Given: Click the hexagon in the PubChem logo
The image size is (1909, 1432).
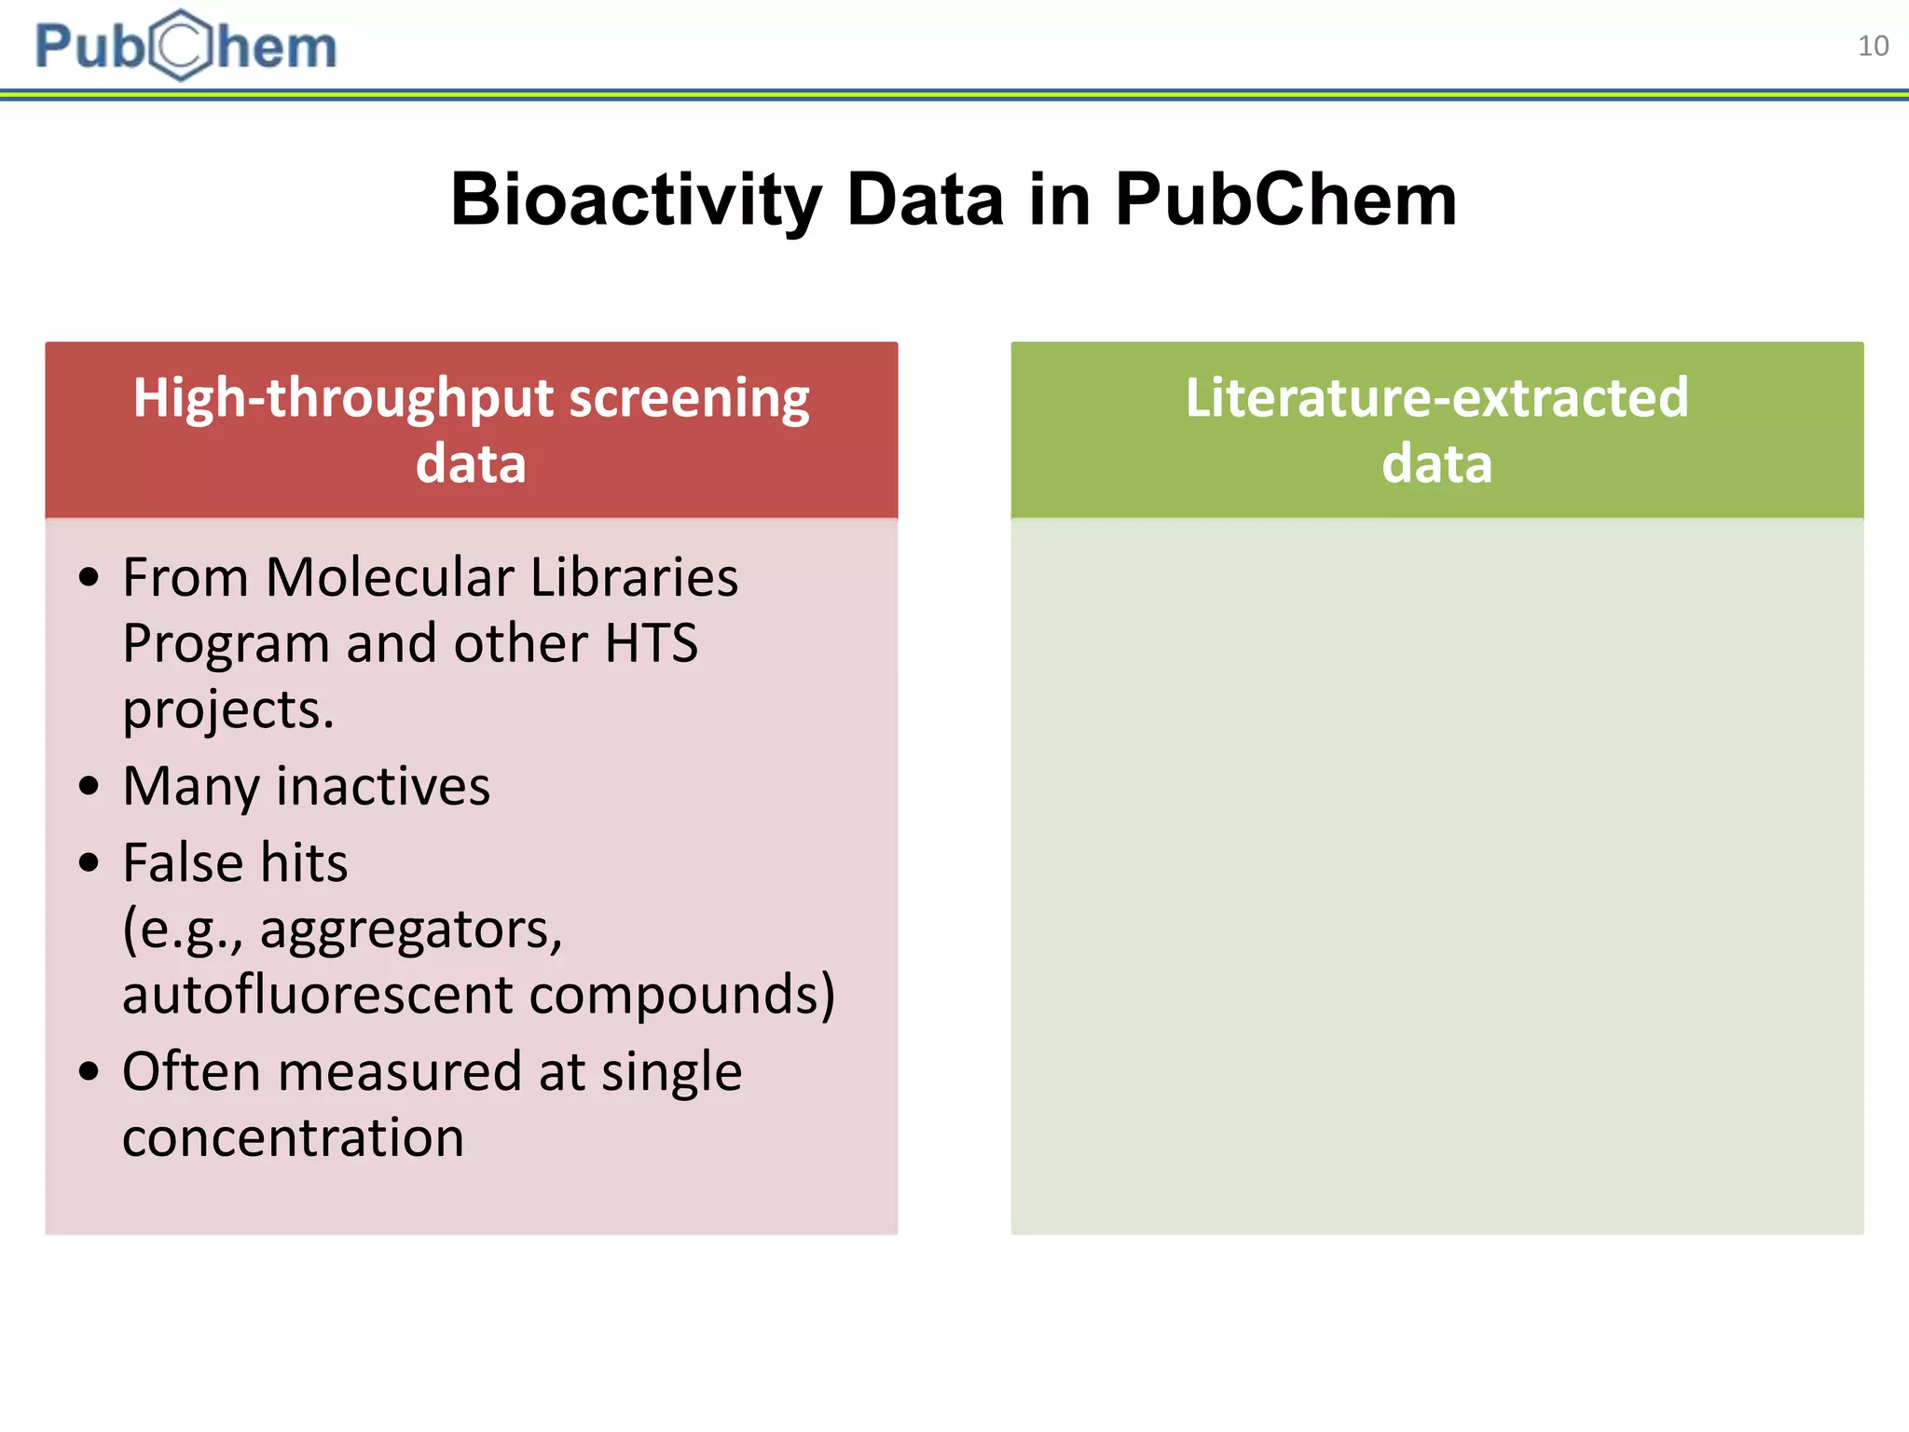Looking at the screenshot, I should (x=182, y=46).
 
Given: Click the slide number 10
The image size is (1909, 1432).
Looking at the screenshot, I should (x=1873, y=46).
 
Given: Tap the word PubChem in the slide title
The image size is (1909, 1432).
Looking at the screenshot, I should (x=1285, y=200).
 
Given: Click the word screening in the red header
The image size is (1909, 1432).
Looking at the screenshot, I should (x=689, y=398).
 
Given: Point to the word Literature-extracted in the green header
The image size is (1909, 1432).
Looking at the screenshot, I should (x=1436, y=398).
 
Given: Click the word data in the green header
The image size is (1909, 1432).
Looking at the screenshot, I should (x=1436, y=463).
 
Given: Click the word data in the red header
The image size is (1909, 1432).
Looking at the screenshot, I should (x=471, y=463).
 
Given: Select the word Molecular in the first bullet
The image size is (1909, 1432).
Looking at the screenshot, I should (x=389, y=577).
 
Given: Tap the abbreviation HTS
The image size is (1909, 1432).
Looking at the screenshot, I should (x=651, y=643).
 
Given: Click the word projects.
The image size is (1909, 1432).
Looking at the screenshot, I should (x=227, y=710).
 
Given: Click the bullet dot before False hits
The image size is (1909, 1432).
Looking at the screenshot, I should (x=89, y=862).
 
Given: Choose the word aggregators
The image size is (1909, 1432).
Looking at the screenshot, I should (x=410, y=929).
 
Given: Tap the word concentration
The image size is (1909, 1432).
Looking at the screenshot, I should (x=293, y=1137).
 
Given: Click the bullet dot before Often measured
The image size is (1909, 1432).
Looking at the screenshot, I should (x=89, y=1071).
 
